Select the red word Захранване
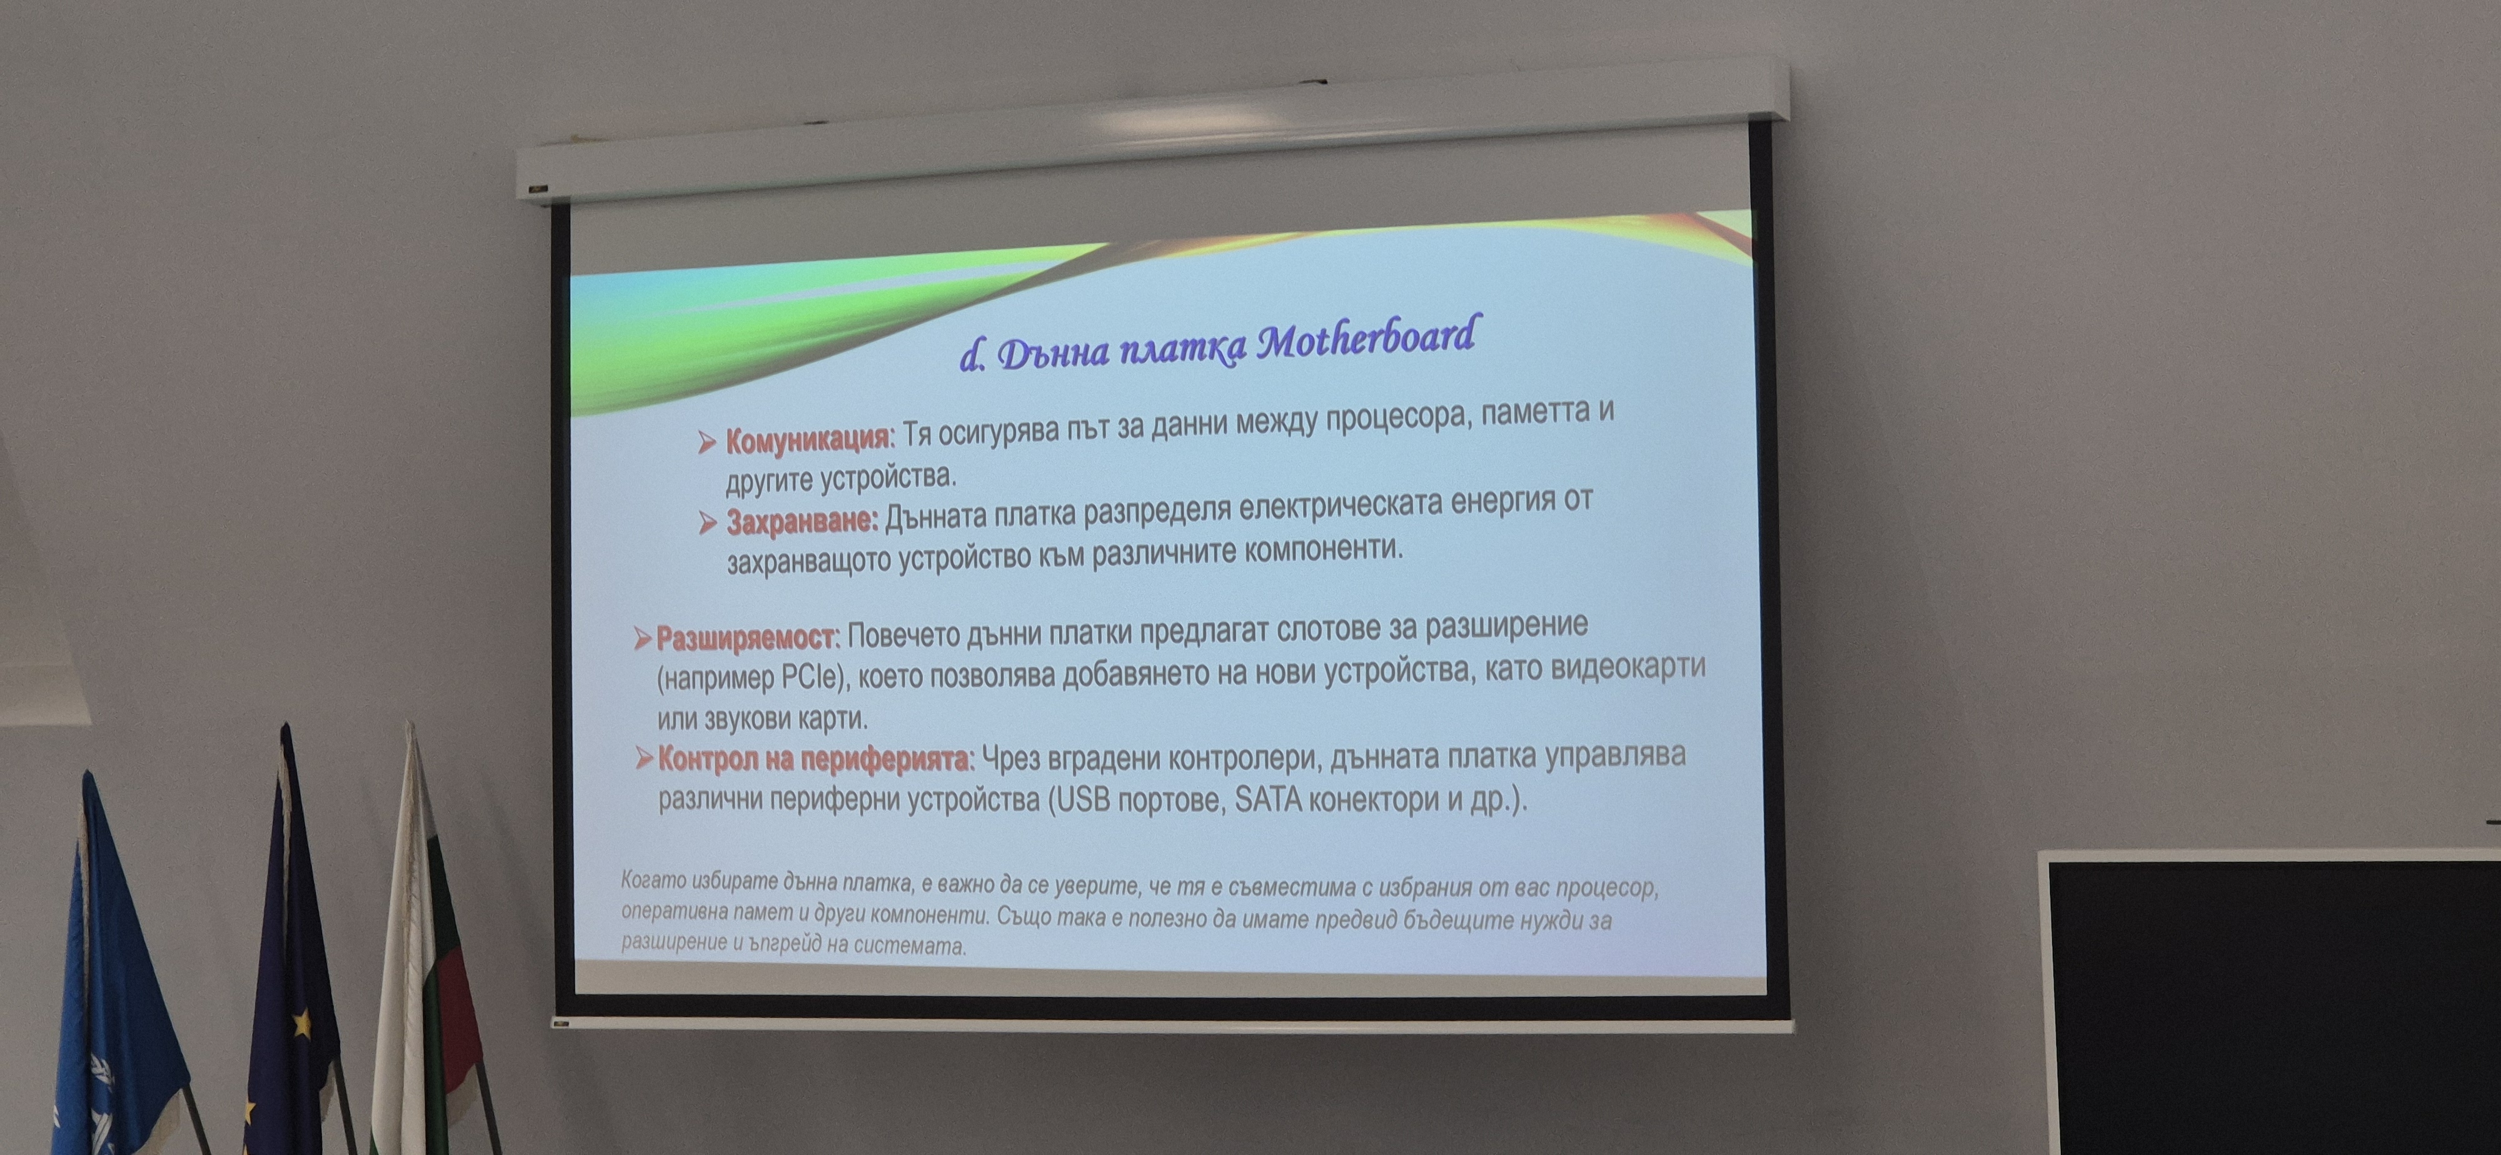[802, 522]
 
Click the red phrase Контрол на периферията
[813, 758]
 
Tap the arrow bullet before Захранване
[708, 524]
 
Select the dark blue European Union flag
[291, 961]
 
